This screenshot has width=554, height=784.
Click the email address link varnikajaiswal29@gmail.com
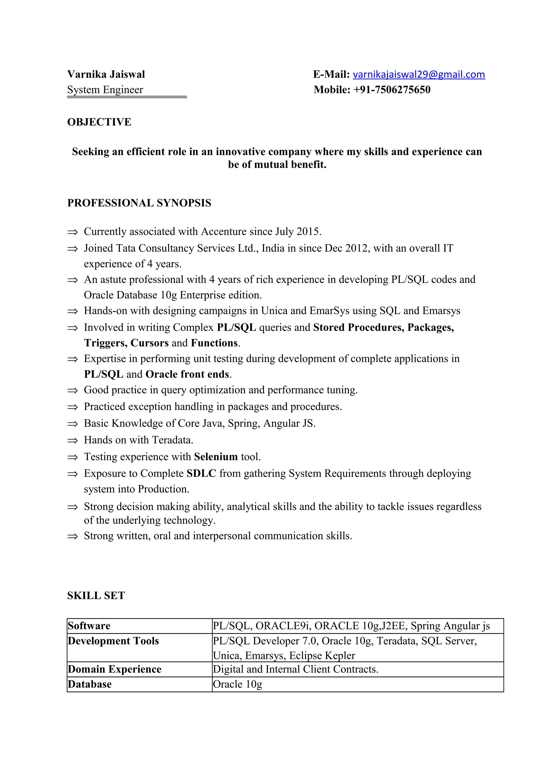[x=418, y=74]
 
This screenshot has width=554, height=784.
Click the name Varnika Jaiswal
[x=106, y=74]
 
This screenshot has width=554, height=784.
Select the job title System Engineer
[x=105, y=90]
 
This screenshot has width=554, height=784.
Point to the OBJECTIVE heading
[x=99, y=122]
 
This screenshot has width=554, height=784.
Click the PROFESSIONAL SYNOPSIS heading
[x=139, y=203]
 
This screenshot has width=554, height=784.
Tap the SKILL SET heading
[x=96, y=595]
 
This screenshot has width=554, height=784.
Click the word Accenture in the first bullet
[x=224, y=232]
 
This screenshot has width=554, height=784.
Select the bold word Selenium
[x=216, y=457]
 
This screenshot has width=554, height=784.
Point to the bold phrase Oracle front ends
[x=187, y=374]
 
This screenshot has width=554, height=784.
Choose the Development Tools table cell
[x=113, y=641]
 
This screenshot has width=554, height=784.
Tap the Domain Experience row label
[x=114, y=669]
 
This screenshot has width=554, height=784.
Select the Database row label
[x=90, y=684]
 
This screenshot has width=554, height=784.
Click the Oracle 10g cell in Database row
[x=238, y=684]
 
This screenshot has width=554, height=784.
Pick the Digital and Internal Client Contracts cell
[x=296, y=669]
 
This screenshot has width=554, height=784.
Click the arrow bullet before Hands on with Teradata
[x=72, y=440]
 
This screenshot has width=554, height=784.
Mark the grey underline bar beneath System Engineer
[x=127, y=97]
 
